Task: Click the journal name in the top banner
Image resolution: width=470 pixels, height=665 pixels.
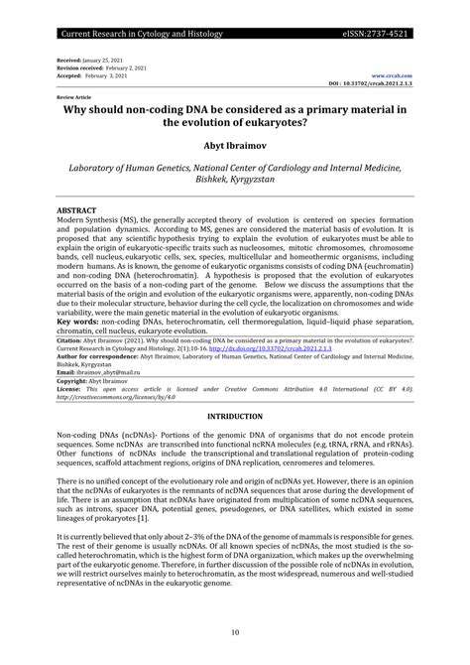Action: click(x=131, y=34)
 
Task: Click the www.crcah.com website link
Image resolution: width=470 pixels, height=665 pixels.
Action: click(x=392, y=75)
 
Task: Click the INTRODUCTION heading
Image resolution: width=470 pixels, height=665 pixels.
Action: click(x=235, y=416)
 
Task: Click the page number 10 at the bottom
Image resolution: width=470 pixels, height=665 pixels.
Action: click(x=235, y=631)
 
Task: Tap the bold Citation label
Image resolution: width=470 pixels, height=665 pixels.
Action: click(x=70, y=339)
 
